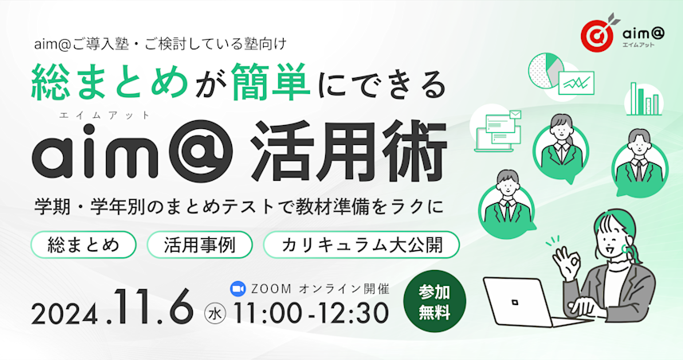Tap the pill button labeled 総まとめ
[83, 245]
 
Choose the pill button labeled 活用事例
[199, 245]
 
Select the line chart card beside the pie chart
[579, 82]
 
